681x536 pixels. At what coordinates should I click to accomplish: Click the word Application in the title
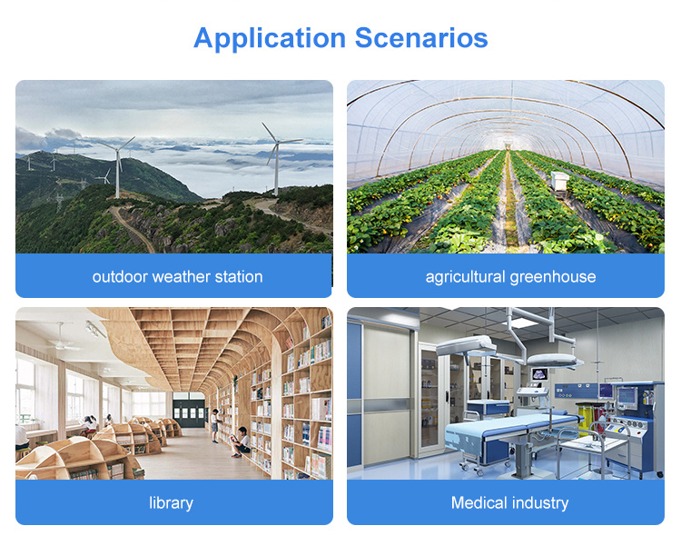point(270,39)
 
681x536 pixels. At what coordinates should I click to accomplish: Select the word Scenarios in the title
point(421,38)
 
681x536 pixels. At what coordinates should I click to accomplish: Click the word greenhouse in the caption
point(553,277)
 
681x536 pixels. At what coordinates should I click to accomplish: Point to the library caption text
point(171,503)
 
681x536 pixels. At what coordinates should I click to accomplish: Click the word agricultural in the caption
point(465,277)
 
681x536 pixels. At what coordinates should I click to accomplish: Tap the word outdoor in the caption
point(120,277)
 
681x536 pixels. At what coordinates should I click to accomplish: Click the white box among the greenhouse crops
point(560,181)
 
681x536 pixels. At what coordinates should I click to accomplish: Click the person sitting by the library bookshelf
point(241,442)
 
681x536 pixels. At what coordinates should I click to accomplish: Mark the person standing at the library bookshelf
point(214,425)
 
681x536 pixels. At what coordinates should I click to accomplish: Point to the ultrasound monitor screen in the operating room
point(540,373)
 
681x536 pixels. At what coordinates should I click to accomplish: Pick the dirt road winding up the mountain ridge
point(132,228)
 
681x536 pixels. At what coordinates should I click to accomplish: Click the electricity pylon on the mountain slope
point(59,202)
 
